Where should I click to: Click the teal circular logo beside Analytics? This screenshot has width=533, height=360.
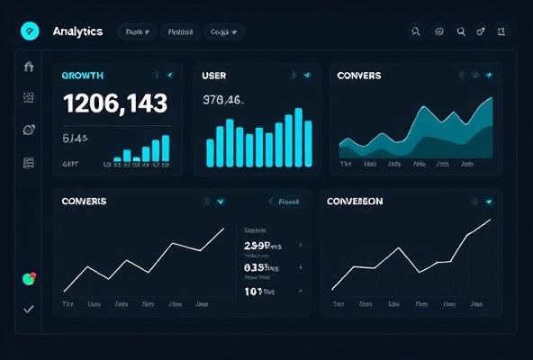pos(30,31)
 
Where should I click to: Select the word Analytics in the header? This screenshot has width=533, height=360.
pos(77,31)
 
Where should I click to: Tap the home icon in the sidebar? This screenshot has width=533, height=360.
pos(29,67)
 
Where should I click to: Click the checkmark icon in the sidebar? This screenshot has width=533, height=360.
pos(29,309)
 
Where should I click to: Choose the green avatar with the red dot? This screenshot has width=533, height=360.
pos(29,279)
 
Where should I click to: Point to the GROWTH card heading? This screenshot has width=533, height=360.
pos(82,76)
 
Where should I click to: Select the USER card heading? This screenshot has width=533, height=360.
pos(214,76)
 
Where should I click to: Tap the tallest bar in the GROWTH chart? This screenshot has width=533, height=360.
pos(166,148)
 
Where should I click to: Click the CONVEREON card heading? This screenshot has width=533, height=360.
pos(354,201)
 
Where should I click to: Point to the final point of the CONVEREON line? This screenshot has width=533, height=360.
pos(491,220)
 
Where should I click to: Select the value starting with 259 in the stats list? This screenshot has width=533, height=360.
pos(262,245)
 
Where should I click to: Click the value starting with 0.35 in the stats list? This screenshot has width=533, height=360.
pos(262,267)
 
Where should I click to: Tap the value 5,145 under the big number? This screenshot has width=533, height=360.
pos(75,139)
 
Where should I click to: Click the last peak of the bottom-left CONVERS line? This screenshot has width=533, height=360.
pos(223,229)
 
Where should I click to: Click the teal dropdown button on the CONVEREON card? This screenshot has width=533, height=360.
pos(489,202)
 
